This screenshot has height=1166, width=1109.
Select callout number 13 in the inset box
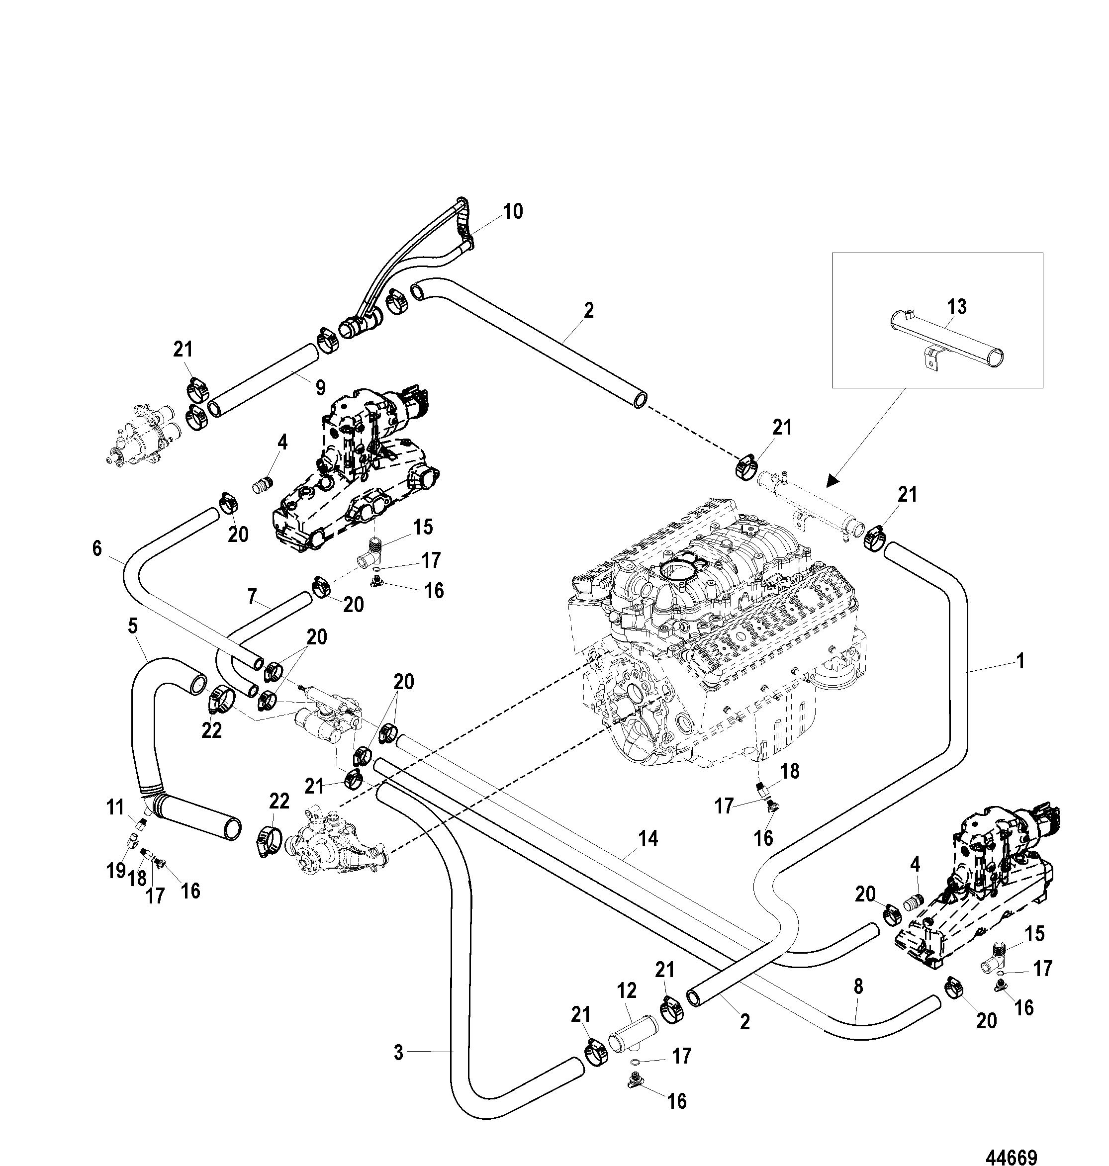(x=956, y=307)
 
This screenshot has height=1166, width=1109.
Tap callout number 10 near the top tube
(x=513, y=211)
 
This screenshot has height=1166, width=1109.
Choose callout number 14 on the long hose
(x=648, y=839)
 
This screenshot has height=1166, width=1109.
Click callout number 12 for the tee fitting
(x=628, y=990)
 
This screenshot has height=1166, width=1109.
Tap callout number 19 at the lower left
(x=116, y=870)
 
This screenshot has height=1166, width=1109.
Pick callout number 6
(x=97, y=548)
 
